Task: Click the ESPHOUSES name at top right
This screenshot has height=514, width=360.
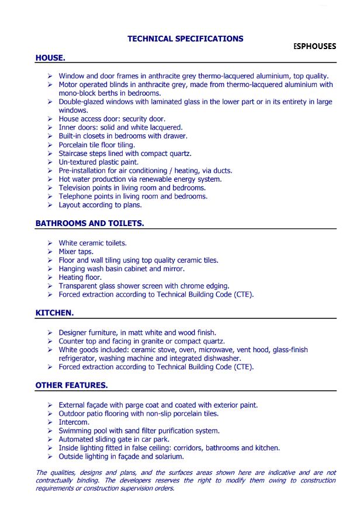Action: (x=314, y=46)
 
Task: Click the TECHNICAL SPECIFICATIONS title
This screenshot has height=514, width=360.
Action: (x=185, y=39)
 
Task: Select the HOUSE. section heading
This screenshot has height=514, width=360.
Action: (x=50, y=58)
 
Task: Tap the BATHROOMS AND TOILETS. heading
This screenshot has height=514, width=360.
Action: (x=89, y=223)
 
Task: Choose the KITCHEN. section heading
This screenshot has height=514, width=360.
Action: (x=54, y=312)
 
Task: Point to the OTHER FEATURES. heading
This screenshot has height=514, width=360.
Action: (x=71, y=385)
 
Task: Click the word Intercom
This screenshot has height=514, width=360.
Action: (x=74, y=422)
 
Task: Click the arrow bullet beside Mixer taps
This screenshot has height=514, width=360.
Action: (x=50, y=252)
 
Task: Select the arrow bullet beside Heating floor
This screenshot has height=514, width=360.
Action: (x=50, y=277)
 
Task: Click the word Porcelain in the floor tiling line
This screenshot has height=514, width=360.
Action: (x=74, y=145)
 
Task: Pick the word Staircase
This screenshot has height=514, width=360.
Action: (x=75, y=154)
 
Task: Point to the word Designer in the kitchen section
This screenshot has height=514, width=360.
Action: (x=74, y=332)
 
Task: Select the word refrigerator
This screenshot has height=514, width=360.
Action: (x=78, y=359)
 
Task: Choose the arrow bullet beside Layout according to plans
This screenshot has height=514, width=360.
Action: (x=50, y=205)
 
